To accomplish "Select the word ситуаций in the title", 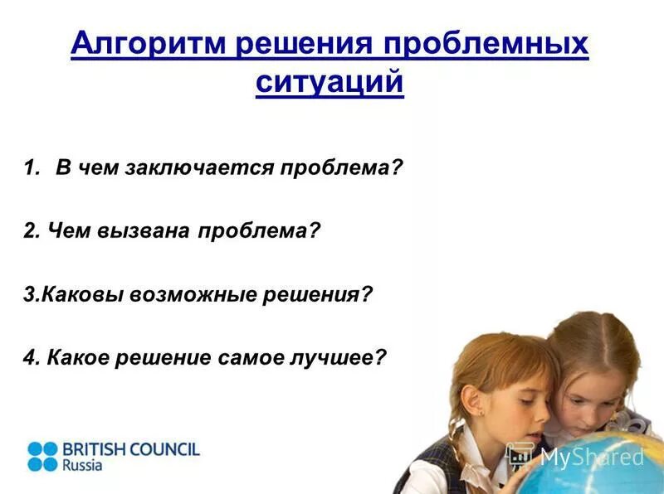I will pyautogui.click(x=330, y=83).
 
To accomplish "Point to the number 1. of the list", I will pyautogui.click(x=32, y=169).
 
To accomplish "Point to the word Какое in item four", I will pyautogui.click(x=81, y=359).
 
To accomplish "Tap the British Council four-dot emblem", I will pyautogui.click(x=42, y=456).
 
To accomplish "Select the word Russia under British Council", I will pyautogui.click(x=82, y=466).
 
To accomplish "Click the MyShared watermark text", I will pyautogui.click(x=591, y=457).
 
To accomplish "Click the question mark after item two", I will pyautogui.click(x=314, y=232).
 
